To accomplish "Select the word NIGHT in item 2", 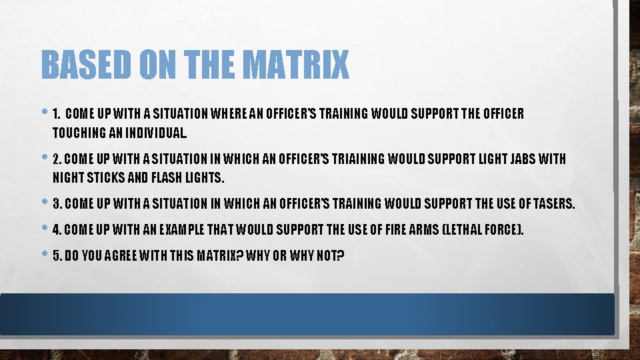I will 65,177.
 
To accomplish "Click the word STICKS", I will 101,177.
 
